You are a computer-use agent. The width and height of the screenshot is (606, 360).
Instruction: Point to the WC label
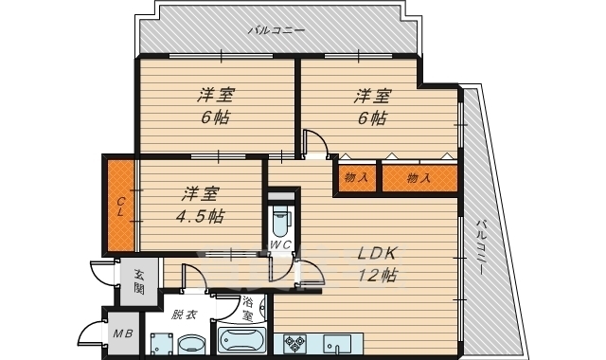[x=280, y=246]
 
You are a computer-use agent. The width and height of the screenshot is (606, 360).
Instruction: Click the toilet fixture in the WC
[x=280, y=222]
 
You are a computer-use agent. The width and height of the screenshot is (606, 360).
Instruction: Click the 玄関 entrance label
[x=139, y=280]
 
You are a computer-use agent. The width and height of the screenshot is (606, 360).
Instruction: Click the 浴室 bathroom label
[x=247, y=309]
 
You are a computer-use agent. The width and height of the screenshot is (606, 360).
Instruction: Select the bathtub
[x=243, y=342]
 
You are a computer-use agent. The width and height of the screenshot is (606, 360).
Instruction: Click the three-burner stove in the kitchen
[x=293, y=342]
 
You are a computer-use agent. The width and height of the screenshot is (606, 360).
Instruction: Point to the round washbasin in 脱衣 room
[x=192, y=344]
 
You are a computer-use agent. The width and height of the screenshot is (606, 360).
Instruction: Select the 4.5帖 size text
[x=201, y=215]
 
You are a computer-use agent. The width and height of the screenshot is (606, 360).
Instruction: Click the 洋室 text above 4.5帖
[x=201, y=193]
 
